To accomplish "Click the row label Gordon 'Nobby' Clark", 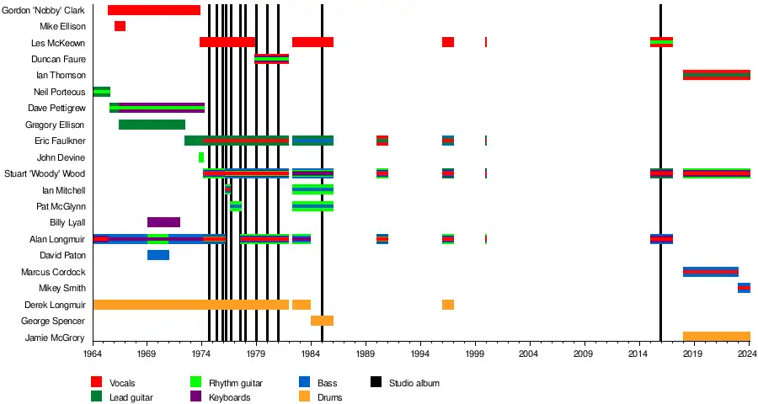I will tap(44, 10).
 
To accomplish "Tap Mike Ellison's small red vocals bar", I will tap(120, 26).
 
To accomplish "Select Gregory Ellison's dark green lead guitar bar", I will tap(152, 125).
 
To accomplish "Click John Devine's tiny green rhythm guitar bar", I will tap(200, 157).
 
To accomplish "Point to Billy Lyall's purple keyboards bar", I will tap(163, 222).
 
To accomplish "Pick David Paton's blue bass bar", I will tap(158, 255).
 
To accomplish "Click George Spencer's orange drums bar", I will tap(322, 321).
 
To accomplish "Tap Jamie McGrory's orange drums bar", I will tap(716, 337).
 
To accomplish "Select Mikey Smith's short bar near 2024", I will tap(744, 288).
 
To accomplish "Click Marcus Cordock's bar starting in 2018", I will tap(710, 272).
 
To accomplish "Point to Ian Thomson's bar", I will tap(716, 75).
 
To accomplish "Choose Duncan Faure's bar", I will tap(271, 59).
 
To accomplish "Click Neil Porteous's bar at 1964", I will tap(101, 92).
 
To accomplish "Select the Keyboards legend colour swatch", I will tap(195, 397).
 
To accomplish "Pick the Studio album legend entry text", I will tap(414, 383).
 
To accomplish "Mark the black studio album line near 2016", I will tap(660, 210).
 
